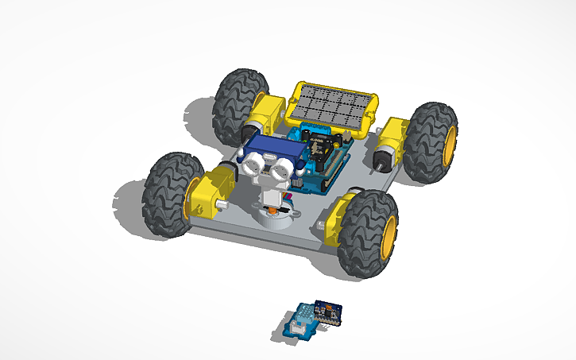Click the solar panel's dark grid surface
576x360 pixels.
(x=332, y=103)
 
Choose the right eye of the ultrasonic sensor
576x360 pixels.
(x=279, y=168)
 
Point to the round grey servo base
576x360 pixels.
(x=269, y=217)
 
